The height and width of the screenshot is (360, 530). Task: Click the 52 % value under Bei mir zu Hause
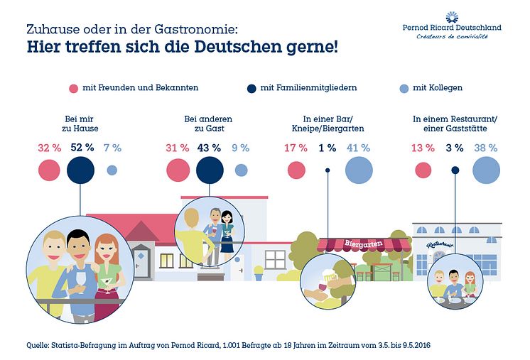tap(82, 148)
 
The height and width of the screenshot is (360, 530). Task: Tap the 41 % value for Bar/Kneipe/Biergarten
tap(359, 148)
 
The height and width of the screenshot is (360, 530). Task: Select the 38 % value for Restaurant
tap(486, 148)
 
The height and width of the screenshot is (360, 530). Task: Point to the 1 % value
tap(328, 148)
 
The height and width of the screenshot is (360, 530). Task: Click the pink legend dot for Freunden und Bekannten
tap(72, 88)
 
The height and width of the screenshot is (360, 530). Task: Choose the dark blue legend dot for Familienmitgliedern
tap(251, 88)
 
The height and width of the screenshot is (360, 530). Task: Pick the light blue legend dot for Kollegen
tap(404, 88)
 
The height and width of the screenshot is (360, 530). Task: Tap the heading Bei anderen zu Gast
tap(208, 124)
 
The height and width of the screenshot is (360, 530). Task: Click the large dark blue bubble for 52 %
tap(81, 170)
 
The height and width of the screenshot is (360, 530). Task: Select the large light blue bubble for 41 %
tap(359, 170)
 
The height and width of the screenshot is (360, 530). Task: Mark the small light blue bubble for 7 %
tap(112, 170)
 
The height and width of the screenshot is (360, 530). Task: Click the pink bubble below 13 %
tap(423, 170)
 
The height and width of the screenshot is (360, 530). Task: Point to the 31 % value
tap(178, 148)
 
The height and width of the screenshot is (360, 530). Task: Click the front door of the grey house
tap(141, 261)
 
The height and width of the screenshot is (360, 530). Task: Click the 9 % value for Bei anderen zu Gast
tap(240, 148)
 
